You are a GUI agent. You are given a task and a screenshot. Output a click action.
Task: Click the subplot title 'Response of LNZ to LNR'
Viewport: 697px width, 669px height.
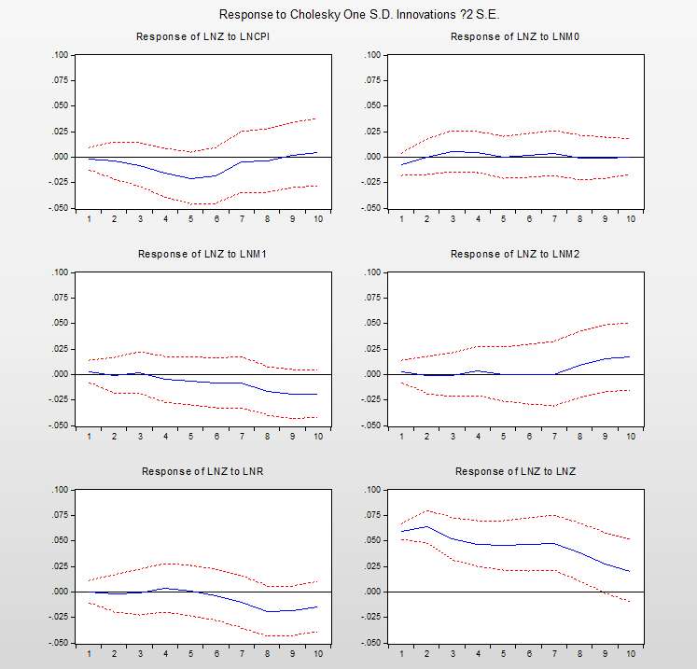point(202,471)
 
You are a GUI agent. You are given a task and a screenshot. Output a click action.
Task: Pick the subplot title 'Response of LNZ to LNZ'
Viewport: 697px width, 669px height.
point(516,471)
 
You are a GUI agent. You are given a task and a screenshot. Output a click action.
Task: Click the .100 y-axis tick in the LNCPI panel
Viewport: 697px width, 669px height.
point(59,55)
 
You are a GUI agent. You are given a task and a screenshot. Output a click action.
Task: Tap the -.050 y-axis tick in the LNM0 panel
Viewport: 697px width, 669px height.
point(370,208)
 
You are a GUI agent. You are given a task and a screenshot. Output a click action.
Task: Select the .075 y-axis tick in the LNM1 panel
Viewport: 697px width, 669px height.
point(59,298)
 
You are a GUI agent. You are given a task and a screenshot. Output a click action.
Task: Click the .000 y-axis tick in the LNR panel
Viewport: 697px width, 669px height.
point(59,592)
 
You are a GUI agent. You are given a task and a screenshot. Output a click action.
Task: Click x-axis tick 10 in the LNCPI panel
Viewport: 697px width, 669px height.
point(318,219)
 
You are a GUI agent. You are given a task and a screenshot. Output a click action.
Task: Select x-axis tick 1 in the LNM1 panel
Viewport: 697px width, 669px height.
point(89,437)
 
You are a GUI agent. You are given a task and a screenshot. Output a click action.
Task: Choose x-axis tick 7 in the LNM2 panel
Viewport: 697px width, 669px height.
point(554,437)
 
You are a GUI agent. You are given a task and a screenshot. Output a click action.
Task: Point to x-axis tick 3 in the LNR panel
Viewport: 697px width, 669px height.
point(140,654)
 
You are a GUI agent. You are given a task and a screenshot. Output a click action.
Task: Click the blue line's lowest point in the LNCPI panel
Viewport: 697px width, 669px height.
point(191,178)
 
